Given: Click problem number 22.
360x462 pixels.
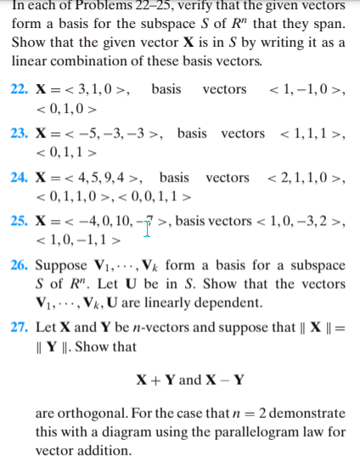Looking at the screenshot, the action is click(x=21, y=89).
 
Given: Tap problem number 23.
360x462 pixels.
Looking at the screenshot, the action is click(x=21, y=133).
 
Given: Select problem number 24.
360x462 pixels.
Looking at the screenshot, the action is click(x=21, y=177).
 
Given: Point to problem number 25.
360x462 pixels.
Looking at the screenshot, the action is click(x=21, y=223).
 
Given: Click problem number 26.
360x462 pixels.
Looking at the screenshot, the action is click(x=21, y=267).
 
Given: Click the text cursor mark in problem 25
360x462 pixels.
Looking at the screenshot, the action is click(x=148, y=227).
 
